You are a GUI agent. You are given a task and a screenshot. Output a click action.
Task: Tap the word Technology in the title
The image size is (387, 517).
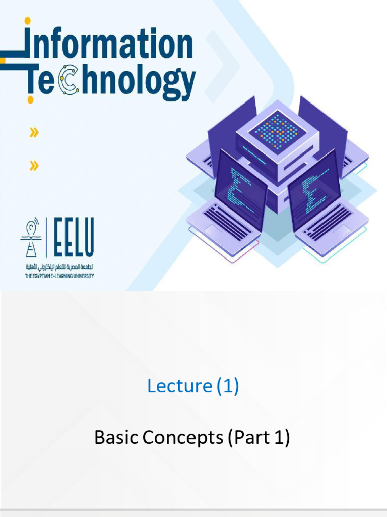pos(111,82)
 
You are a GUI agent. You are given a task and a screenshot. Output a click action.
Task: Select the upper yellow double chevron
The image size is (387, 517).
pos(34,133)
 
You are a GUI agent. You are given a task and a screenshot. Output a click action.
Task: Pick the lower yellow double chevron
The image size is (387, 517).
pos(34,165)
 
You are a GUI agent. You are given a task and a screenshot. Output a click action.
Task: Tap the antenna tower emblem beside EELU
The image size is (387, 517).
pos(31,238)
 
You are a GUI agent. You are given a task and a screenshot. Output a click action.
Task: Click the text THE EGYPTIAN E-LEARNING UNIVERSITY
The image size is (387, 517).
pos(59,276)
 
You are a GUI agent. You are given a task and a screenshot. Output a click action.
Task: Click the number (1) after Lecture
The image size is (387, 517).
pos(227,386)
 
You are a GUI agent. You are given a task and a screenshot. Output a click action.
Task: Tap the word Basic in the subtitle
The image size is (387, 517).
pos(116,438)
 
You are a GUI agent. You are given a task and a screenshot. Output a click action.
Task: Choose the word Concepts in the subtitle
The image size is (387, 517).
pos(182,438)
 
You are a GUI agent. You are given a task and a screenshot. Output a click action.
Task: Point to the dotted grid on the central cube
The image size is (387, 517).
pos(277,130)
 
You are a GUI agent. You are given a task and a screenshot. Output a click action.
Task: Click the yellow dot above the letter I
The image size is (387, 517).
pos(27,21)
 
